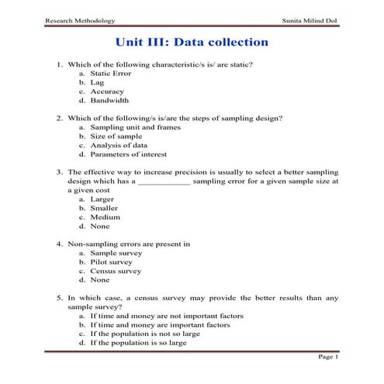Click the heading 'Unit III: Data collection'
[x=192, y=41]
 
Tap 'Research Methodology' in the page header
[x=80, y=19]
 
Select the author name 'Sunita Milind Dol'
[x=309, y=19]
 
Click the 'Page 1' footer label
[x=328, y=357]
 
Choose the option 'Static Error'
[x=111, y=73]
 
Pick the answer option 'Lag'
[x=96, y=81]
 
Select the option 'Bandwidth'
[x=109, y=100]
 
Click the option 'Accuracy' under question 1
[x=107, y=91]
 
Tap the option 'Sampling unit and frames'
[x=133, y=127]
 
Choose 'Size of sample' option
[x=115, y=136]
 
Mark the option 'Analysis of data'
[x=118, y=145]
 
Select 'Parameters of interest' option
[x=127, y=154]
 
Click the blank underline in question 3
[x=164, y=182]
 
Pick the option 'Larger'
[x=102, y=199]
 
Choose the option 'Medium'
[x=105, y=217]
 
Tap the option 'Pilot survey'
[x=111, y=262]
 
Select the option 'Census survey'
[x=116, y=272]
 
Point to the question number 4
[x=60, y=244]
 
